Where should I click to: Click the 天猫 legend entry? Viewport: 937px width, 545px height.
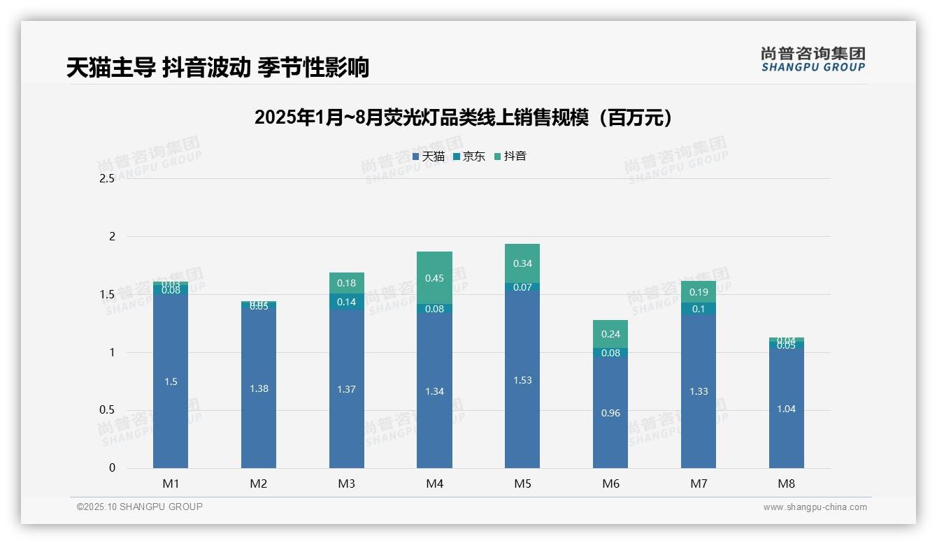tap(428, 157)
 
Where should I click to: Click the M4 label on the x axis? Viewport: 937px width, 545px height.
tap(434, 484)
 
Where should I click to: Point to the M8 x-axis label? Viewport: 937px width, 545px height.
tap(786, 484)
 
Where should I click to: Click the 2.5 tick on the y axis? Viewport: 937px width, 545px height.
tap(107, 179)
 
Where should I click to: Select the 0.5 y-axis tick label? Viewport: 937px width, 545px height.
tap(107, 410)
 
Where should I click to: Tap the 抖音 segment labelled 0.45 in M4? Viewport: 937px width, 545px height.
tap(434, 278)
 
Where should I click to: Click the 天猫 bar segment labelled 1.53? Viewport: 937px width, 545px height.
tap(522, 379)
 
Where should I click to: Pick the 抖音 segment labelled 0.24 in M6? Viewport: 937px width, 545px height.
tap(610, 334)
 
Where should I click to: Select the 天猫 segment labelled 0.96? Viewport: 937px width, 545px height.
tap(610, 412)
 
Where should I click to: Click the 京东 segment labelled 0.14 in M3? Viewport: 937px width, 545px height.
tap(347, 302)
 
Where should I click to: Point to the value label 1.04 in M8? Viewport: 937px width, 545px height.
tap(786, 409)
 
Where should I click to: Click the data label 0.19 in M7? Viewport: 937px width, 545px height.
tap(699, 292)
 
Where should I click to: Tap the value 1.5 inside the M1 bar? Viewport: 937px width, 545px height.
tap(171, 381)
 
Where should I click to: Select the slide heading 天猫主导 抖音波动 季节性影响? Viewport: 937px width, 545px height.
tap(217, 67)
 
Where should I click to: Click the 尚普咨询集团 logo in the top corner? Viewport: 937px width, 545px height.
tap(813, 59)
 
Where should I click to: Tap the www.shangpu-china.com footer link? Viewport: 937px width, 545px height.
tap(815, 507)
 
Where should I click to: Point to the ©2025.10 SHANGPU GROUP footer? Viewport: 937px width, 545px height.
tap(140, 507)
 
